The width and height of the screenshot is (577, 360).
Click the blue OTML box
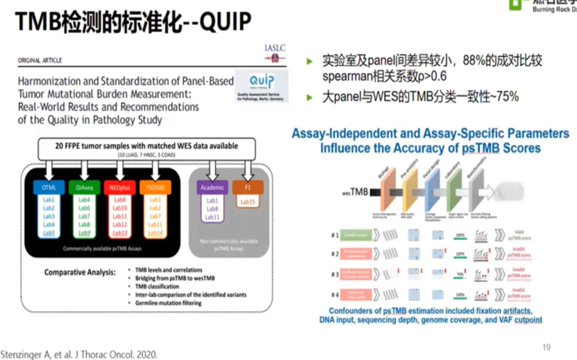[x=49, y=187]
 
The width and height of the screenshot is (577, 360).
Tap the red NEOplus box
[x=120, y=187]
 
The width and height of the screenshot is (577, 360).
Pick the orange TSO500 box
[x=155, y=187]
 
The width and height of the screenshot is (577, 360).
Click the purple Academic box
[x=212, y=187]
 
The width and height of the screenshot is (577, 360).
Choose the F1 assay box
[x=248, y=187]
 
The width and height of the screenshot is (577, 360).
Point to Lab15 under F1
[x=248, y=201]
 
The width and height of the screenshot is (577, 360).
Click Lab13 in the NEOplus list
[x=120, y=233]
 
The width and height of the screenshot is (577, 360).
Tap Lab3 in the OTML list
[x=49, y=216]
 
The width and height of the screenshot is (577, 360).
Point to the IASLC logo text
[x=275, y=48]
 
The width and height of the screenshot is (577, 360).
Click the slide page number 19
[x=546, y=348]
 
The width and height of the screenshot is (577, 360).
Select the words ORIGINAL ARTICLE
[x=40, y=60]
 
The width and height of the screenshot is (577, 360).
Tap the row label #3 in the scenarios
[x=334, y=275]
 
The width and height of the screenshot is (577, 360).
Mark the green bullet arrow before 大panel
[x=309, y=98]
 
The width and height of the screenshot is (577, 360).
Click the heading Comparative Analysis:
[x=80, y=272]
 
